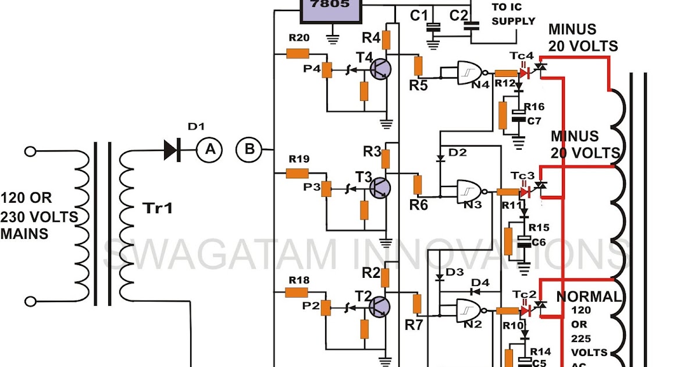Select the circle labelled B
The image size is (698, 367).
coord(249,150)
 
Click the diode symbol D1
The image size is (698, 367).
coord(170,150)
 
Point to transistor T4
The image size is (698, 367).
coord(380,69)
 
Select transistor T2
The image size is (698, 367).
coord(380,306)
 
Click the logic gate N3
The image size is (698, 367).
coord(469,190)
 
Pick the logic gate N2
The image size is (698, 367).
coord(469,310)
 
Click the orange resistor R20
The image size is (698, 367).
coord(298,54)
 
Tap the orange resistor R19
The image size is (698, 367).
coord(298,173)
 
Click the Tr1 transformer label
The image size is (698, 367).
coord(158,209)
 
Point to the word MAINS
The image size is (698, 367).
coord(24,234)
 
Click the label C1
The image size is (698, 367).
coord(419,15)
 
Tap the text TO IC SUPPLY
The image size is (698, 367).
coord(513,15)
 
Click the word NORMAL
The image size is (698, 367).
coord(589,297)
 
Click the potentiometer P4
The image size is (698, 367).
coord(327,70)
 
